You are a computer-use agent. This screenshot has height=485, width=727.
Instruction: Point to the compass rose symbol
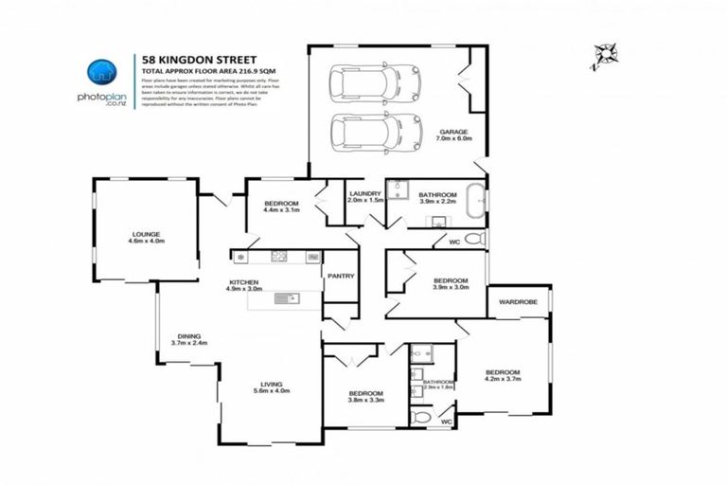(600, 58)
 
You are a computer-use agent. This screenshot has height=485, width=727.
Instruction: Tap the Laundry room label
(364, 197)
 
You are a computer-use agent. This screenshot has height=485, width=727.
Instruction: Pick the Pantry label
(340, 277)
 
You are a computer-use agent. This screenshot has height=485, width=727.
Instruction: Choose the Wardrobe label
(518, 302)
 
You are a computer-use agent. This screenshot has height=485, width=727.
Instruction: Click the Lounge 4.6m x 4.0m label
(146, 238)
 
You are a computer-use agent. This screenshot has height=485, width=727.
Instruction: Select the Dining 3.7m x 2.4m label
(188, 340)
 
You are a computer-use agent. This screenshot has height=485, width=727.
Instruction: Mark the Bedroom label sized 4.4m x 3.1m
(281, 207)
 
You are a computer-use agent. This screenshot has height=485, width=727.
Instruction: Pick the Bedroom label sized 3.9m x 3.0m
(450, 284)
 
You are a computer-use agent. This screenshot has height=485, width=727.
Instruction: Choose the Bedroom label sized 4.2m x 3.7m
(503, 375)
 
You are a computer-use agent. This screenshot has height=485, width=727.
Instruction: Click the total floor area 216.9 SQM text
(200, 71)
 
